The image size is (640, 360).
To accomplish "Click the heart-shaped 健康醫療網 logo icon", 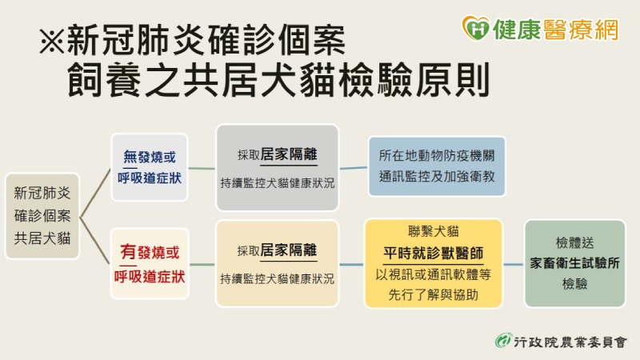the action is pyautogui.click(x=475, y=28).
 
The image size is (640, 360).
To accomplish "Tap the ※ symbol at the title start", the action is pyautogui.click(x=52, y=41).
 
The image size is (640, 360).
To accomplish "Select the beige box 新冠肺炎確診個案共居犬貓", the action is pyautogui.click(x=42, y=216).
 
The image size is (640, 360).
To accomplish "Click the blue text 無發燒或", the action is pyautogui.click(x=150, y=157).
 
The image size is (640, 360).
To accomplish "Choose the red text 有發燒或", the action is pyautogui.click(x=150, y=252).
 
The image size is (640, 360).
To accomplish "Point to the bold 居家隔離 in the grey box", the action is pyautogui.click(x=289, y=154).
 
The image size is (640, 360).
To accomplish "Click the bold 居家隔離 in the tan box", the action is pyautogui.click(x=289, y=250).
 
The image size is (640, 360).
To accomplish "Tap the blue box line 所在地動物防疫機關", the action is pyautogui.click(x=437, y=155).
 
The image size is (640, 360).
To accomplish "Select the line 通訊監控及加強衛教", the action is pyautogui.click(x=437, y=176).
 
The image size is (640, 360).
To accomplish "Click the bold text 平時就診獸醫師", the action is pyautogui.click(x=433, y=253).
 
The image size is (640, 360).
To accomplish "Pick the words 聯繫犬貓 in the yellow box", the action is pyautogui.click(x=433, y=231).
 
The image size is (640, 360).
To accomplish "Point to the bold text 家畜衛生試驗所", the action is pyautogui.click(x=574, y=263).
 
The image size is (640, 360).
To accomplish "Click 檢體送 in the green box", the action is pyautogui.click(x=574, y=243).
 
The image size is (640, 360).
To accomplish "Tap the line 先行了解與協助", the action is pyautogui.click(x=433, y=294).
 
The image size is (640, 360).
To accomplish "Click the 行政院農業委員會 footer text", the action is pyautogui.click(x=570, y=342).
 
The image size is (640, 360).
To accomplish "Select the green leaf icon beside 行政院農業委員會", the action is pyautogui.click(x=504, y=341).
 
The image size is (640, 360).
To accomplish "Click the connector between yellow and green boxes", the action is pyautogui.click(x=513, y=265).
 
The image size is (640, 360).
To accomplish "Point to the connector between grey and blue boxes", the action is pyautogui.click(x=354, y=167).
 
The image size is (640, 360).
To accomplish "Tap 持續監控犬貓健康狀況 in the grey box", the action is pyautogui.click(x=277, y=183).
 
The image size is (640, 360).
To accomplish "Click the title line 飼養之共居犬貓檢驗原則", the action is pyautogui.click(x=278, y=79).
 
